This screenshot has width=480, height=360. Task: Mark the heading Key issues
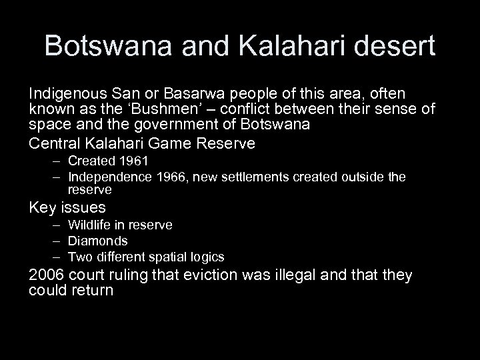pos(67,207)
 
